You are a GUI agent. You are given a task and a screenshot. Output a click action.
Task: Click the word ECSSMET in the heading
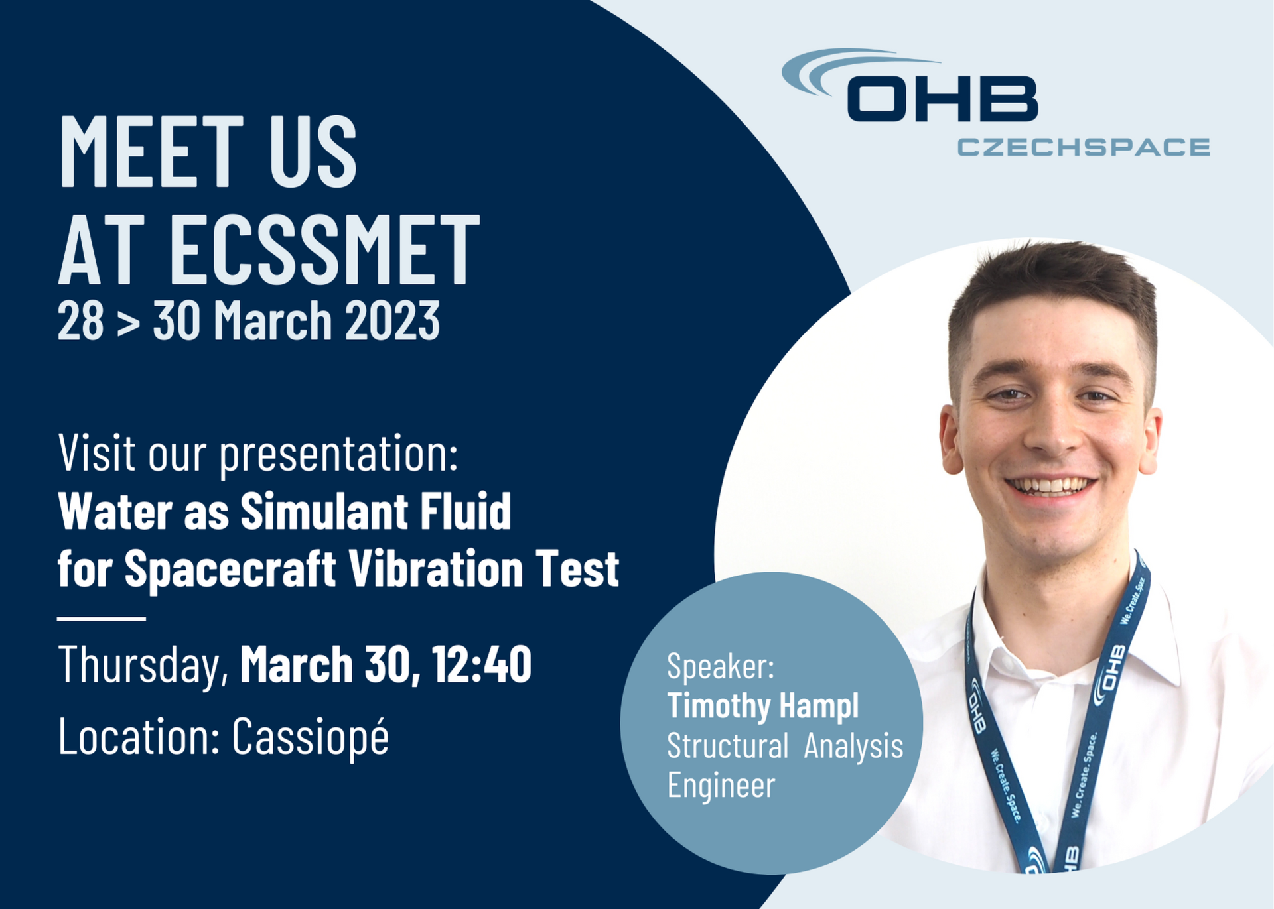point(324,250)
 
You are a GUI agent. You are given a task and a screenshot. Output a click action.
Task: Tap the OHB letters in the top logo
point(942,99)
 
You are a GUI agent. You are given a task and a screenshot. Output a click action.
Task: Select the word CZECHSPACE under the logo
point(1084,147)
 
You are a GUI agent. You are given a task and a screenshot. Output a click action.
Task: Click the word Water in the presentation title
point(115,512)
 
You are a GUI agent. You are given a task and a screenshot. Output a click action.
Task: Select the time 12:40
point(482,664)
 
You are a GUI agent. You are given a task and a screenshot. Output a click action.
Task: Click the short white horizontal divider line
point(102,619)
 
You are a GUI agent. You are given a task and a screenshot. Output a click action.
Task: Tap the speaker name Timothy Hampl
point(763,706)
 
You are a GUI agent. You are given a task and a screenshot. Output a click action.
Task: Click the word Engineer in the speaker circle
point(721,786)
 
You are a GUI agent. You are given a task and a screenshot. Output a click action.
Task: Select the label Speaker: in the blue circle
point(721,666)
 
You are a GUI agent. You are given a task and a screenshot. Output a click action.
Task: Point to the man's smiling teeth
point(1050,486)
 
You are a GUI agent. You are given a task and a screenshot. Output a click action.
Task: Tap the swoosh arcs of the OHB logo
point(843,70)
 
